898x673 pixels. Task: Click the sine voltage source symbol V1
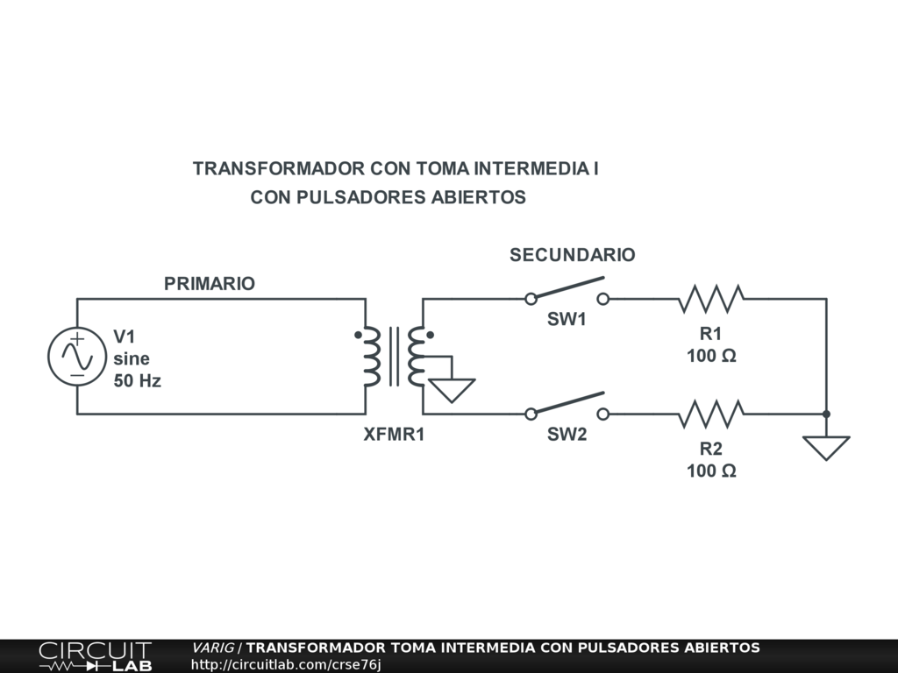pyautogui.click(x=76, y=356)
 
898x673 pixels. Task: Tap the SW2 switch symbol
pyautogui.click(x=567, y=406)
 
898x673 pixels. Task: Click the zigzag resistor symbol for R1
pyautogui.click(x=710, y=299)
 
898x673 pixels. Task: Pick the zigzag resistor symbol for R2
pyautogui.click(x=711, y=414)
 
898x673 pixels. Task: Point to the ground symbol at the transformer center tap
pyautogui.click(x=452, y=388)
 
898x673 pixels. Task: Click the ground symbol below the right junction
pyautogui.click(x=826, y=447)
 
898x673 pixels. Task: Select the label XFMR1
pyautogui.click(x=394, y=435)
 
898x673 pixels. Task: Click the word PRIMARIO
pyautogui.click(x=210, y=284)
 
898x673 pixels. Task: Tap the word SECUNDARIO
pyautogui.click(x=572, y=255)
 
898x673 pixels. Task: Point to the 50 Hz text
pyautogui.click(x=138, y=381)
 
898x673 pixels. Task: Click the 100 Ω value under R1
pyautogui.click(x=710, y=356)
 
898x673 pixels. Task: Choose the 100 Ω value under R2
pyautogui.click(x=710, y=471)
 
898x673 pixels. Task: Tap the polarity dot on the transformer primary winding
pyautogui.click(x=358, y=335)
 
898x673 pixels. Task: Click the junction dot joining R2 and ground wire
pyautogui.click(x=826, y=414)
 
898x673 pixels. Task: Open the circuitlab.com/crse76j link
pyautogui.click(x=286, y=665)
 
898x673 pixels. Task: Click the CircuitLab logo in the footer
pyautogui.click(x=95, y=656)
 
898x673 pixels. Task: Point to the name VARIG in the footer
pyautogui.click(x=213, y=648)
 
